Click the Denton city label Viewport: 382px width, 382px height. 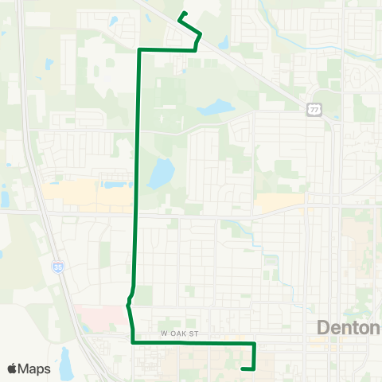(x=349, y=327)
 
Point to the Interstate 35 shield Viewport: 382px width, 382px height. (x=58, y=267)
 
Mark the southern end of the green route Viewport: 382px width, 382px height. (x=242, y=368)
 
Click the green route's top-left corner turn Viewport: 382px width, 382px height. (x=140, y=50)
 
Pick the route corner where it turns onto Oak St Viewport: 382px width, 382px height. (x=132, y=342)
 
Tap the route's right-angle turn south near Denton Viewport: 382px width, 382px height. (x=254, y=343)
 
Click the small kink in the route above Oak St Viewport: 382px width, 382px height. (x=128, y=303)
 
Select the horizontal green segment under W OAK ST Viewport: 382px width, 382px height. (x=191, y=342)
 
